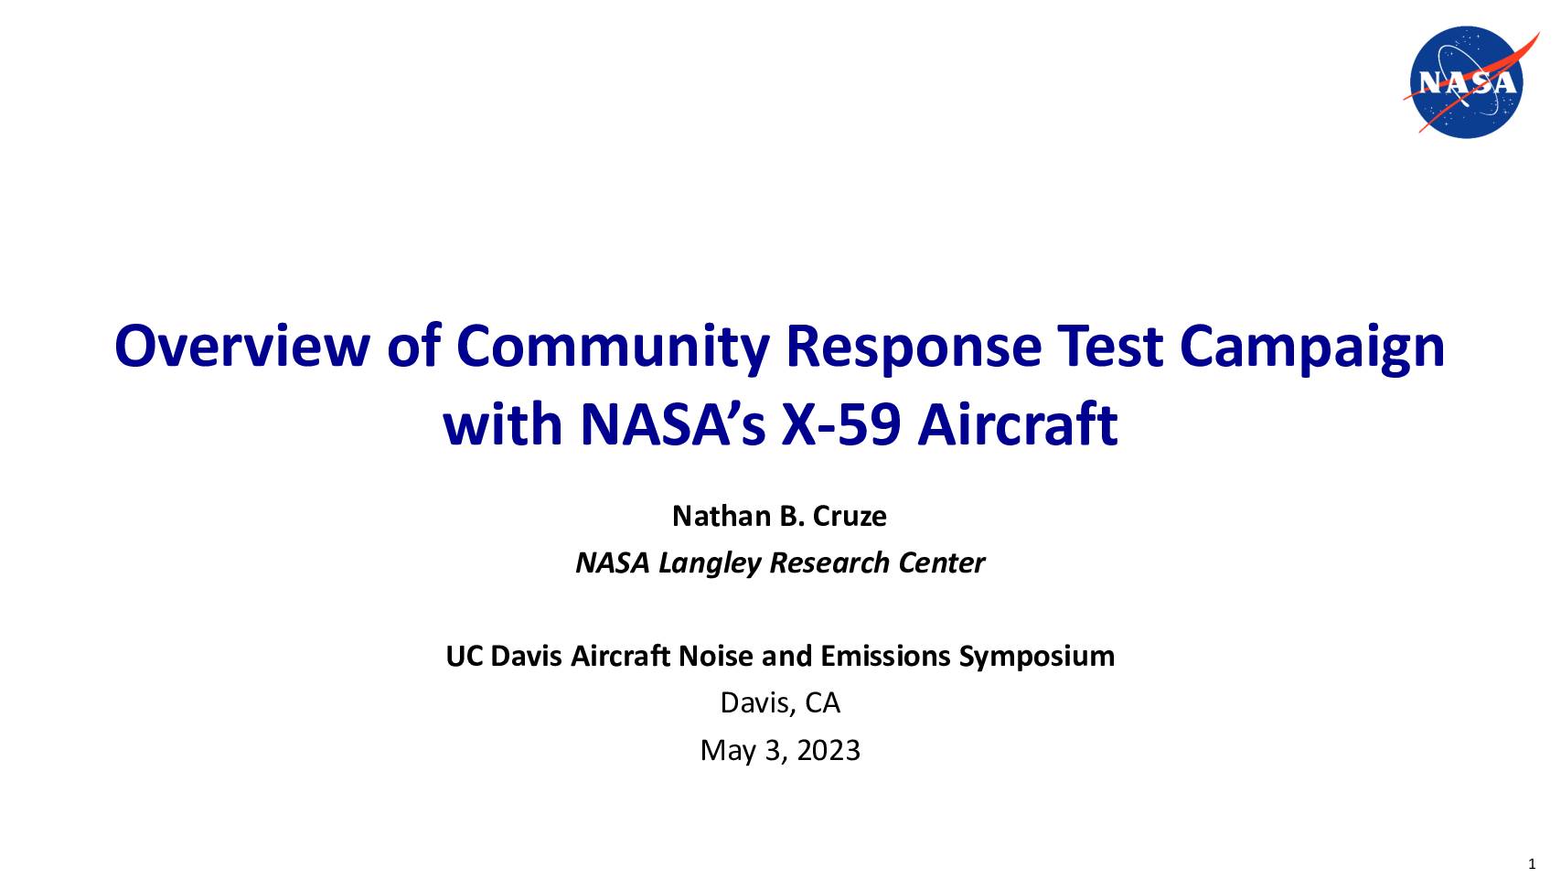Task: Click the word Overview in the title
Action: coord(241,347)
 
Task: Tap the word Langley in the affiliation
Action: coord(710,563)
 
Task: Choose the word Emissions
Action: coord(885,657)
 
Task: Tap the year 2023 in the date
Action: coord(828,751)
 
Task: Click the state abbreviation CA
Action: coord(822,703)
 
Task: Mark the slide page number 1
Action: coord(1532,865)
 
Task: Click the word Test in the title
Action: coord(1110,347)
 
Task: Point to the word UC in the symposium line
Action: coord(465,657)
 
